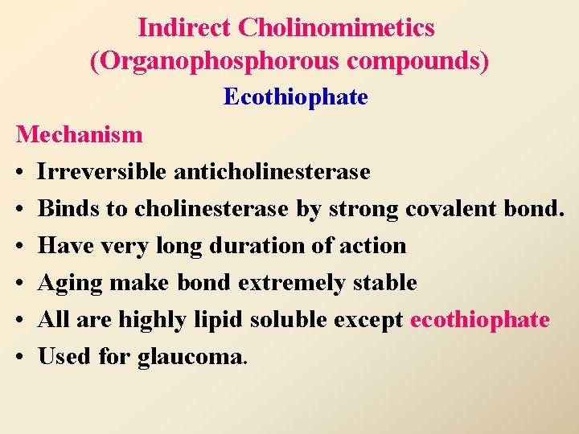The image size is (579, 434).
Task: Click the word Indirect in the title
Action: (184, 28)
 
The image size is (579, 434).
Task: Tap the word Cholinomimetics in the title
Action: (337, 28)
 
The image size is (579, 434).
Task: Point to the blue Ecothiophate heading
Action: (295, 97)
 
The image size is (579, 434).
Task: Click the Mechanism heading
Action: (79, 134)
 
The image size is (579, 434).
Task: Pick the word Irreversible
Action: (102, 171)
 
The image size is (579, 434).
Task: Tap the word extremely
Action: (286, 282)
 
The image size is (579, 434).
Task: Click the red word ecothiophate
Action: (479, 319)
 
